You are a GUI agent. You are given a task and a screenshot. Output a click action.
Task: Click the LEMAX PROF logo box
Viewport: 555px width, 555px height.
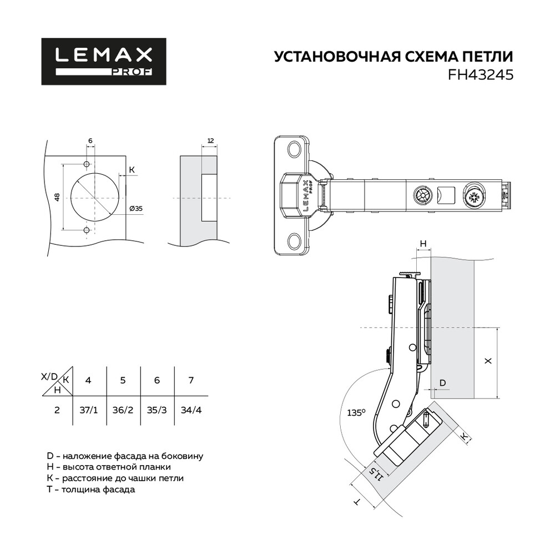pos(104,61)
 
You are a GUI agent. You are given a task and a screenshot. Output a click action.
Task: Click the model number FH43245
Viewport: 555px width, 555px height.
pos(480,75)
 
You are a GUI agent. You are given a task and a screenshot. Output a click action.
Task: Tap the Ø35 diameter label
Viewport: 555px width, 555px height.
pos(136,209)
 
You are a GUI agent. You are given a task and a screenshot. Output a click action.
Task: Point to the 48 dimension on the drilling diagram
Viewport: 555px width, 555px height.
pos(57,197)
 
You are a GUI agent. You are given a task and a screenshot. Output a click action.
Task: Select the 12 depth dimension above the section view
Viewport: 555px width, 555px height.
pos(210,141)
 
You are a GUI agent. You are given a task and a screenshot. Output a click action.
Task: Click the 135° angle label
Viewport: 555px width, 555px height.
pos(356,413)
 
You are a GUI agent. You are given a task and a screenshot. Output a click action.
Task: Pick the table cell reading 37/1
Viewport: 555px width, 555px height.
pos(88,410)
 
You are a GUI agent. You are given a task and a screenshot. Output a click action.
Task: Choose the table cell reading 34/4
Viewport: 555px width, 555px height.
pos(191,410)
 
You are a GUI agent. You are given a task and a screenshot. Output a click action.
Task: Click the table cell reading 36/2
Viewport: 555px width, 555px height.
pos(123,410)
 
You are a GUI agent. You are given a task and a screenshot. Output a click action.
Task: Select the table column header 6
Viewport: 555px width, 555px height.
pos(157,380)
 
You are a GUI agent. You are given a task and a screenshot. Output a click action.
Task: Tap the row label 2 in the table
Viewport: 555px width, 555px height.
pos(57,410)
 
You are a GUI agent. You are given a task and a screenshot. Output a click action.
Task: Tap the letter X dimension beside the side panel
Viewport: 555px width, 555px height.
pos(488,361)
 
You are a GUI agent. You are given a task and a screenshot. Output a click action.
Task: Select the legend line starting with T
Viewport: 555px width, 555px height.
pos(91,490)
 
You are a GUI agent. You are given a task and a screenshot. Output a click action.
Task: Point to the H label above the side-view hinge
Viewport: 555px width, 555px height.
pos(423,244)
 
